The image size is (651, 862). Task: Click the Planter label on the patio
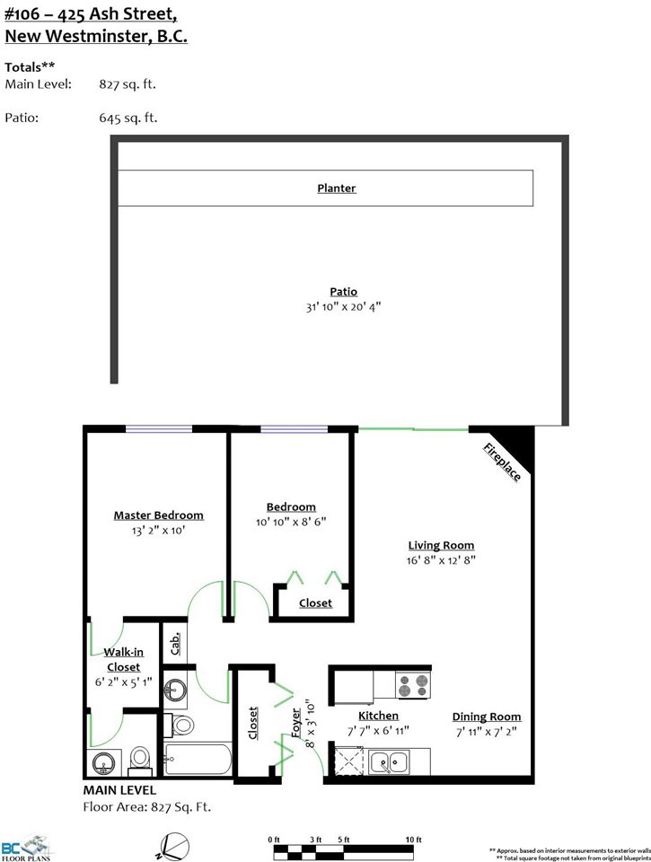point(337,188)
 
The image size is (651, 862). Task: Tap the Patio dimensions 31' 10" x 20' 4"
point(343,307)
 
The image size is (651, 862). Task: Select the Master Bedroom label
point(158,515)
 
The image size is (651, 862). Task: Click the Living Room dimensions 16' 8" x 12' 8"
point(441,560)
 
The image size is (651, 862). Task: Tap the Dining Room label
point(487,717)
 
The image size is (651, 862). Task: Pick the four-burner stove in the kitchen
point(413,685)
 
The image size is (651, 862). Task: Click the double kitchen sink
point(390,762)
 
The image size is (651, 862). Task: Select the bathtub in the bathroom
point(198,760)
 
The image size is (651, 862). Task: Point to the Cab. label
point(175,643)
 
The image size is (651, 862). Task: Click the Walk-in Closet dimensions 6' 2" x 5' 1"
point(123,682)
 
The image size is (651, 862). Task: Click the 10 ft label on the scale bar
point(413,840)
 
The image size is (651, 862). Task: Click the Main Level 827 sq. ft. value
point(128,84)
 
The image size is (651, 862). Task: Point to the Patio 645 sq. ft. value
point(128,118)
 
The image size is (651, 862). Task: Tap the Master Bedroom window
point(159,429)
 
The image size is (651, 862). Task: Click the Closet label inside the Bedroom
point(315,603)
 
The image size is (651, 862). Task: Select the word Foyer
point(295,723)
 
